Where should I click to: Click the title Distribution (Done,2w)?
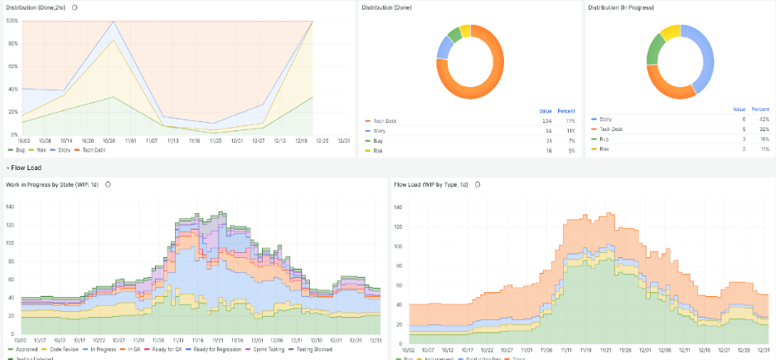[x=36, y=7]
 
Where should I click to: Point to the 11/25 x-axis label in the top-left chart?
[x=216, y=141]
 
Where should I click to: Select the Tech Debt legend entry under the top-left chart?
[x=94, y=149]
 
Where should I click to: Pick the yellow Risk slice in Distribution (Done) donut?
[x=465, y=31]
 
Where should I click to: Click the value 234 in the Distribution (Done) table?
[x=546, y=121]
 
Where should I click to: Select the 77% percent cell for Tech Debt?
[x=570, y=121]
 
